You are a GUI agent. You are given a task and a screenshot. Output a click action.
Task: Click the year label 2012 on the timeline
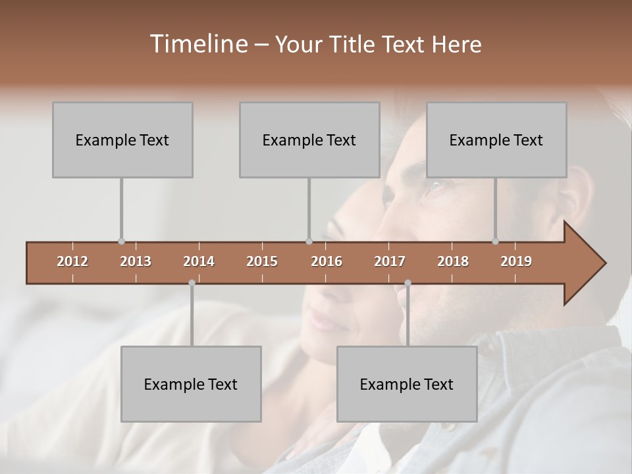[72, 261]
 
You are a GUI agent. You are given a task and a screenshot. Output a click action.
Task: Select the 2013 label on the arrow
[136, 261]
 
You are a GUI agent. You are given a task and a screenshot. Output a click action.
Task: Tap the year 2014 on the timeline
[199, 261]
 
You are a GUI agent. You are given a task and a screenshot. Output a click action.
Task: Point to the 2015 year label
[262, 261]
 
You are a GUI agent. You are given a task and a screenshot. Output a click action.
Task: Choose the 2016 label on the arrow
[327, 261]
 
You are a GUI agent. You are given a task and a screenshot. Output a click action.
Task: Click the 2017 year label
[390, 261]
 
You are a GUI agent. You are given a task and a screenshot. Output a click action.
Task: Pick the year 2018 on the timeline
[453, 261]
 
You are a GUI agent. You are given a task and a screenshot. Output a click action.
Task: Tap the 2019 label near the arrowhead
[516, 261]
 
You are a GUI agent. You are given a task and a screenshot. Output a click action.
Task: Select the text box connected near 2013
[122, 140]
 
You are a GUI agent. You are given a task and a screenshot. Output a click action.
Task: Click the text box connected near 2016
[309, 140]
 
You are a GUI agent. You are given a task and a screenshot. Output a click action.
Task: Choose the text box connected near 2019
[496, 140]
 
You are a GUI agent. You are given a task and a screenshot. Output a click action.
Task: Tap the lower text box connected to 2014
[191, 384]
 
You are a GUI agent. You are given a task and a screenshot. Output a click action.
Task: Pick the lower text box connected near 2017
[407, 384]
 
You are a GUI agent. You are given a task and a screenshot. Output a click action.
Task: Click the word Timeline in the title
[197, 44]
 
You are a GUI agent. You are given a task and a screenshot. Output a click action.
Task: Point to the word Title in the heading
[355, 44]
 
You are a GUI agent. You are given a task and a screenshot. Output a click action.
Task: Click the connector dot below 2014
[192, 283]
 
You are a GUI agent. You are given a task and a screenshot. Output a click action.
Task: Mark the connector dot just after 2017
[408, 283]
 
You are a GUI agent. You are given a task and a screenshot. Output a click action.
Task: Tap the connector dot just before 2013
[121, 241]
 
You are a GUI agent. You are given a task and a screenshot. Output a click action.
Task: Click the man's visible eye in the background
[436, 186]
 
